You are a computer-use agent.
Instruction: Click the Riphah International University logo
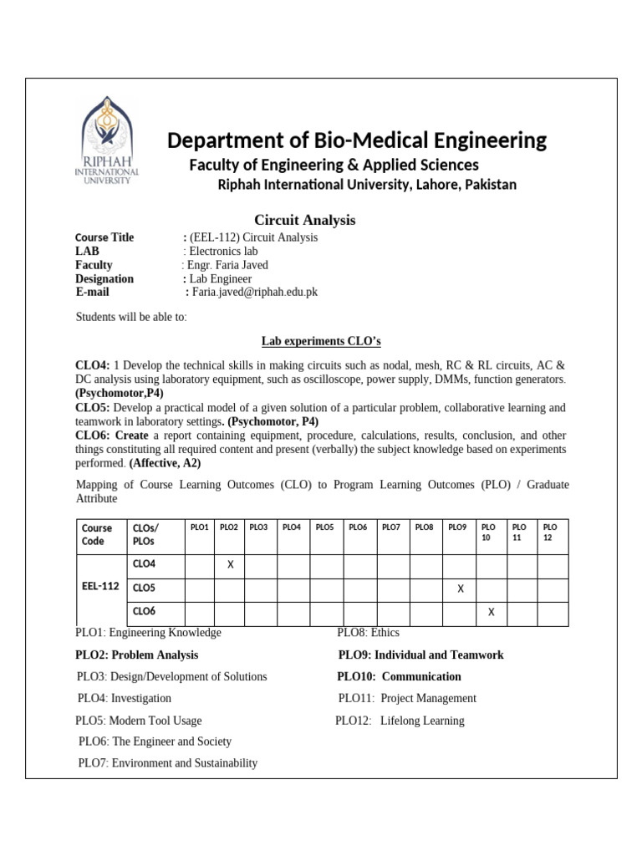pyautogui.click(x=107, y=142)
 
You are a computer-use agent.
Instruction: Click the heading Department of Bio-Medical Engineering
pyautogui.click(x=357, y=140)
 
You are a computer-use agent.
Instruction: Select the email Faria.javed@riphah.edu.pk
pyautogui.click(x=255, y=292)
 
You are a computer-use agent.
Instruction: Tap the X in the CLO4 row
pyautogui.click(x=230, y=565)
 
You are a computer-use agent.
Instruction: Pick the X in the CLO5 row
pyautogui.click(x=460, y=588)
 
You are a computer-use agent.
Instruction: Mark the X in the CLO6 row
pyautogui.click(x=491, y=612)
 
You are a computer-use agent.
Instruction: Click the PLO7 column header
pyautogui.click(x=390, y=527)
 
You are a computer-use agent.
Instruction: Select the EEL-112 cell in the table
pyautogui.click(x=100, y=587)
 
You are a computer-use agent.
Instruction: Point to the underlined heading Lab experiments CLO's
pyautogui.click(x=321, y=341)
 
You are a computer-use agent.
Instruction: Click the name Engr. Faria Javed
pyautogui.click(x=227, y=265)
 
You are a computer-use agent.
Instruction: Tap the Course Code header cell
pyautogui.click(x=97, y=534)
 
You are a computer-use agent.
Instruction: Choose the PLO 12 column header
pyautogui.click(x=549, y=532)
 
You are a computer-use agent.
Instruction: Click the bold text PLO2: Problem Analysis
pyautogui.click(x=137, y=655)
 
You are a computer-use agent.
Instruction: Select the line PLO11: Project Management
pyautogui.click(x=407, y=698)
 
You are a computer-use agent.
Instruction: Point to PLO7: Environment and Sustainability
pyautogui.click(x=168, y=762)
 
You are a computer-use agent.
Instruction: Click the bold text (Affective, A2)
pyautogui.click(x=165, y=463)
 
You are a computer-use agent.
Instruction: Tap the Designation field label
pyautogui.click(x=104, y=278)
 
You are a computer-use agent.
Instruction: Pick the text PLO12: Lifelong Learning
pyautogui.click(x=400, y=721)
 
